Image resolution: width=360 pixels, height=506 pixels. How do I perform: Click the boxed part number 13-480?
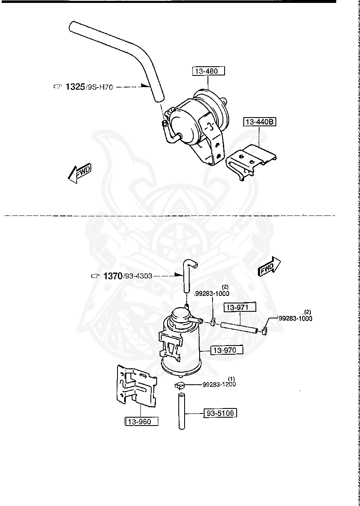point(208,71)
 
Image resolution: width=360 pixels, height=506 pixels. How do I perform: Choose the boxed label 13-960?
point(142,421)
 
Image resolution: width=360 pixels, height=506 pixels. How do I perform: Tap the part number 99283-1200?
point(219,384)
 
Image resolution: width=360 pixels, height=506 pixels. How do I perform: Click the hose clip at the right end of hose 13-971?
point(264,332)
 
